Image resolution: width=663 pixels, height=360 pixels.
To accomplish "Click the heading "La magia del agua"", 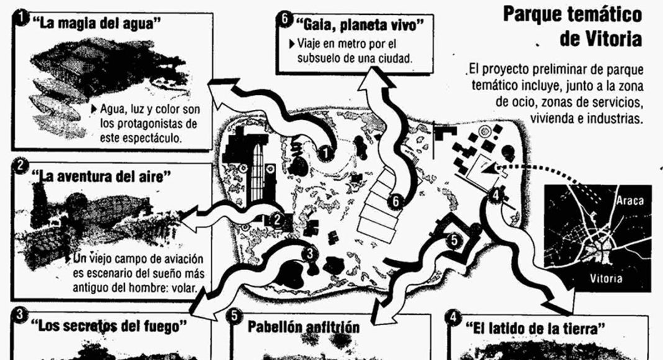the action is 96,23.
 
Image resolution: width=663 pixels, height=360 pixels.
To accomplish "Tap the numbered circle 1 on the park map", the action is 325,153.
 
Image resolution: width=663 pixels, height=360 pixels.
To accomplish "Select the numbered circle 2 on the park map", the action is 277,219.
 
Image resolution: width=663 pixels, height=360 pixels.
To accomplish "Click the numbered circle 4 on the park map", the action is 496,196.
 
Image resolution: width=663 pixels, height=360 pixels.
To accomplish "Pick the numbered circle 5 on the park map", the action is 453,240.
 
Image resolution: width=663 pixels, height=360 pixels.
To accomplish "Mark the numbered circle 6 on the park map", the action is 395,201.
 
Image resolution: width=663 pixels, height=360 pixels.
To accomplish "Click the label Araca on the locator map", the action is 629,200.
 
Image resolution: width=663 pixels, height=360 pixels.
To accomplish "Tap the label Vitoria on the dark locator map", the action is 606,279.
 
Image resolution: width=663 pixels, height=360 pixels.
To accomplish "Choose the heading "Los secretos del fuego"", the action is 109,325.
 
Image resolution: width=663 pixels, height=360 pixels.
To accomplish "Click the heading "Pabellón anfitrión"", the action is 304,326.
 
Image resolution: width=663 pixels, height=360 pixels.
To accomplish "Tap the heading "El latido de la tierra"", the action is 535,328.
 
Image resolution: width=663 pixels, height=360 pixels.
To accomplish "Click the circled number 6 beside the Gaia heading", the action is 284,20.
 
